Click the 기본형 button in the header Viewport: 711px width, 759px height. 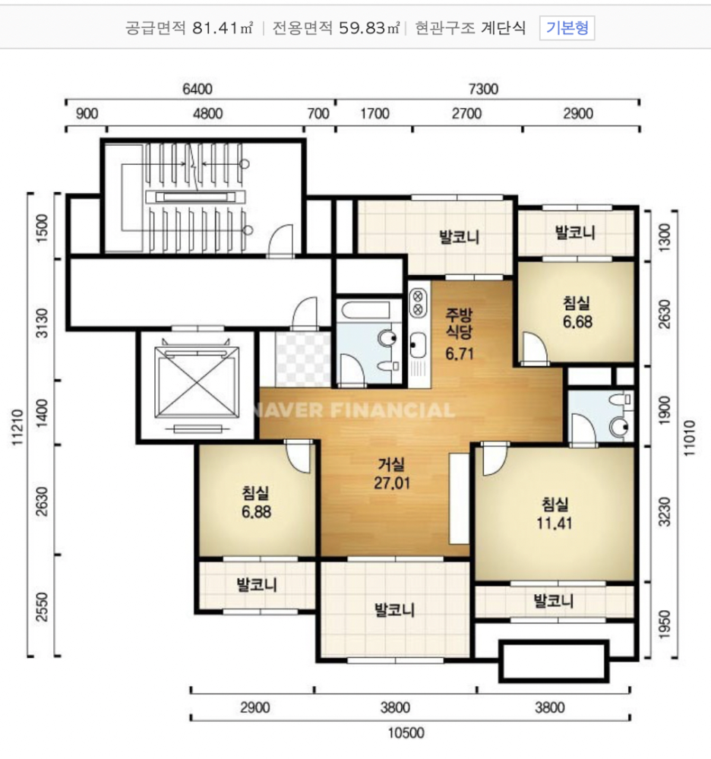[567, 28]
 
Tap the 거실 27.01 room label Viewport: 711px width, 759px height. [391, 474]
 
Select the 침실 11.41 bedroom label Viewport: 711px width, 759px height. [555, 514]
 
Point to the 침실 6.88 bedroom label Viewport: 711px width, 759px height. [256, 502]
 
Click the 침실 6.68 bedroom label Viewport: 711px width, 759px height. [577, 313]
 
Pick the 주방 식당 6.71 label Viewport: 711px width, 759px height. [460, 334]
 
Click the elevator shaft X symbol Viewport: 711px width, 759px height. [197, 382]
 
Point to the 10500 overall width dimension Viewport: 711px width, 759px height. [406, 732]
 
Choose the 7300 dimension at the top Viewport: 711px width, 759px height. [484, 89]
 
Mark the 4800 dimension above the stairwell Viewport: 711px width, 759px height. [207, 114]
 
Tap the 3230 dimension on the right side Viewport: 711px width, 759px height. [666, 511]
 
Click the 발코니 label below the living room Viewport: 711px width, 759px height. [395, 610]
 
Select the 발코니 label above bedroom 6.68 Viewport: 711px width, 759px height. [575, 232]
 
